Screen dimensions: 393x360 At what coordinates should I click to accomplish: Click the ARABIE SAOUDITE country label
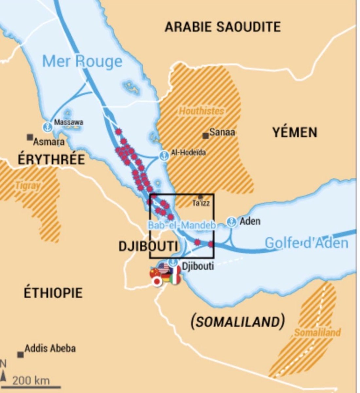point(223,27)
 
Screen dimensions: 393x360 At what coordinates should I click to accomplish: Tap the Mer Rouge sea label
point(82,61)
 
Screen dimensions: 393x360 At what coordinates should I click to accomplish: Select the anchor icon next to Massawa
point(48,126)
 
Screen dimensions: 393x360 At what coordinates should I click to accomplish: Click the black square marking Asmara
point(30,137)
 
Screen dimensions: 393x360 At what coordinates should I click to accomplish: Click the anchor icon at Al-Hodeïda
point(164,156)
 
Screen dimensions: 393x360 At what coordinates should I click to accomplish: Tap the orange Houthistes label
point(201,111)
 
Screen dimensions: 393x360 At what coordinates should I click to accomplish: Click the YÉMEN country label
point(295,133)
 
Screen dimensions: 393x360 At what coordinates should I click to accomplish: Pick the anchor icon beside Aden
point(232,222)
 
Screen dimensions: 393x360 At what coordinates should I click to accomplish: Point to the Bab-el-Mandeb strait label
point(182,225)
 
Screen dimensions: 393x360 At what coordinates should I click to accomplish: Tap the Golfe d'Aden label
point(306,243)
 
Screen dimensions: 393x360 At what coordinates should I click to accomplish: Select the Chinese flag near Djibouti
point(154,272)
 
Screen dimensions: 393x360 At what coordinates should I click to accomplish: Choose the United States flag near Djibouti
point(164,268)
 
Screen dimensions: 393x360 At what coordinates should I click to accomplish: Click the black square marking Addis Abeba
point(21,354)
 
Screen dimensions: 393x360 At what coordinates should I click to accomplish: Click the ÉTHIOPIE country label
point(53,292)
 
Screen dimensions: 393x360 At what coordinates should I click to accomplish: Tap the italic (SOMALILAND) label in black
point(237,322)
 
